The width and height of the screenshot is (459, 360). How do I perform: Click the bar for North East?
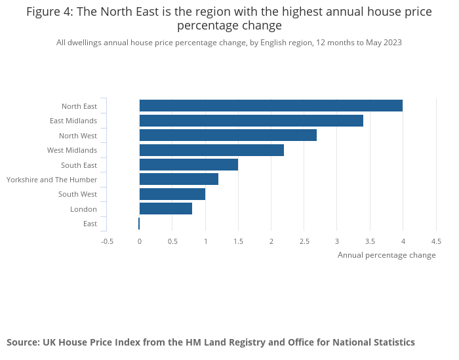[x=271, y=106]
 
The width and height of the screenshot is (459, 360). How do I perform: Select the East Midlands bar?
[x=251, y=121]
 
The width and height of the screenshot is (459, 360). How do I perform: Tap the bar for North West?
[x=228, y=135]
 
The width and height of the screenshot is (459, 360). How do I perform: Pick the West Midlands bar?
[x=212, y=150]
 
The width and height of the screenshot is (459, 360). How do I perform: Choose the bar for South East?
[x=189, y=165]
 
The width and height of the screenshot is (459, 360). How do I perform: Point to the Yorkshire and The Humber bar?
[x=179, y=179]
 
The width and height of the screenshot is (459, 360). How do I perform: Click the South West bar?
[x=172, y=194]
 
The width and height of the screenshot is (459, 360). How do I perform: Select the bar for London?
[x=166, y=209]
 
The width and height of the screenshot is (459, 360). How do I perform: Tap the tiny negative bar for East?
[x=139, y=224]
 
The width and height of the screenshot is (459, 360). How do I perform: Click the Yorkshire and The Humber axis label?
[x=52, y=180]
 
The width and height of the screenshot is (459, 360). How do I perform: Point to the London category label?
[x=83, y=209]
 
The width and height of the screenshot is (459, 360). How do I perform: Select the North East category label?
[x=79, y=106]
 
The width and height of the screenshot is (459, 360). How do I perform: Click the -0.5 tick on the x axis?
[x=107, y=241]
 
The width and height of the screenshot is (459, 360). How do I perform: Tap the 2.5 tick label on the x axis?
[x=304, y=241]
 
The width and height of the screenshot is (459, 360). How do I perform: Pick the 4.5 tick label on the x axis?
[x=436, y=241]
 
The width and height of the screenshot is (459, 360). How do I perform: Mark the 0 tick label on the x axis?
[x=140, y=241]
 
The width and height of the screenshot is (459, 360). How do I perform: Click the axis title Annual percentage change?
[x=386, y=255]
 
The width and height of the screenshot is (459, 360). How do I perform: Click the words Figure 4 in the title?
[x=49, y=11]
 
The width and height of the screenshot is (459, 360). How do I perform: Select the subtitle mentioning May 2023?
[x=229, y=43]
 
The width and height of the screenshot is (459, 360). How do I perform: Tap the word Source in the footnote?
[x=22, y=342]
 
